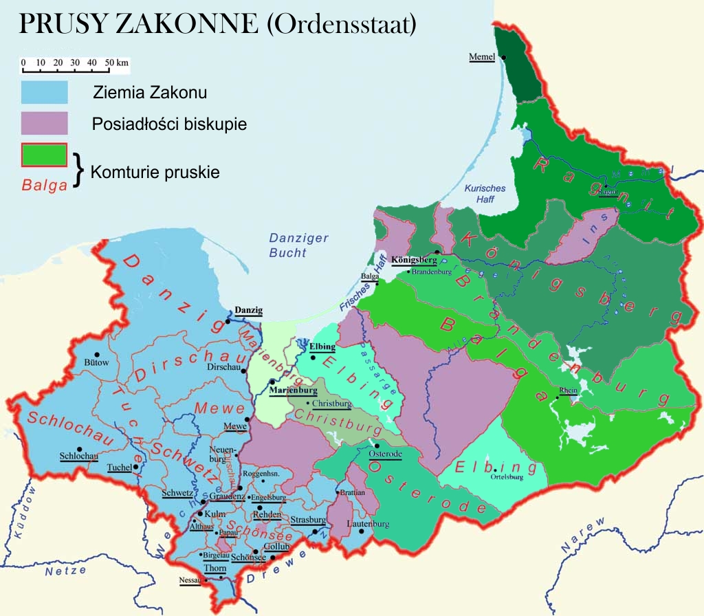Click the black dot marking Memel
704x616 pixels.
tap(503, 57)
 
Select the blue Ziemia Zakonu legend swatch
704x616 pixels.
tap(44, 92)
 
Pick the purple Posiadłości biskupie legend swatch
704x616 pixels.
tap(44, 124)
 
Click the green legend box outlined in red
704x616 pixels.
tap(44, 155)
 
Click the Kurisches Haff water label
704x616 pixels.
tap(485, 194)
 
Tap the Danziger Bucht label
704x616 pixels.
tap(287, 245)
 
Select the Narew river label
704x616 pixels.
tap(584, 537)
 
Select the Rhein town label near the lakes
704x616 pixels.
tap(569, 390)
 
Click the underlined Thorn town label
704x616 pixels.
tap(215, 569)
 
